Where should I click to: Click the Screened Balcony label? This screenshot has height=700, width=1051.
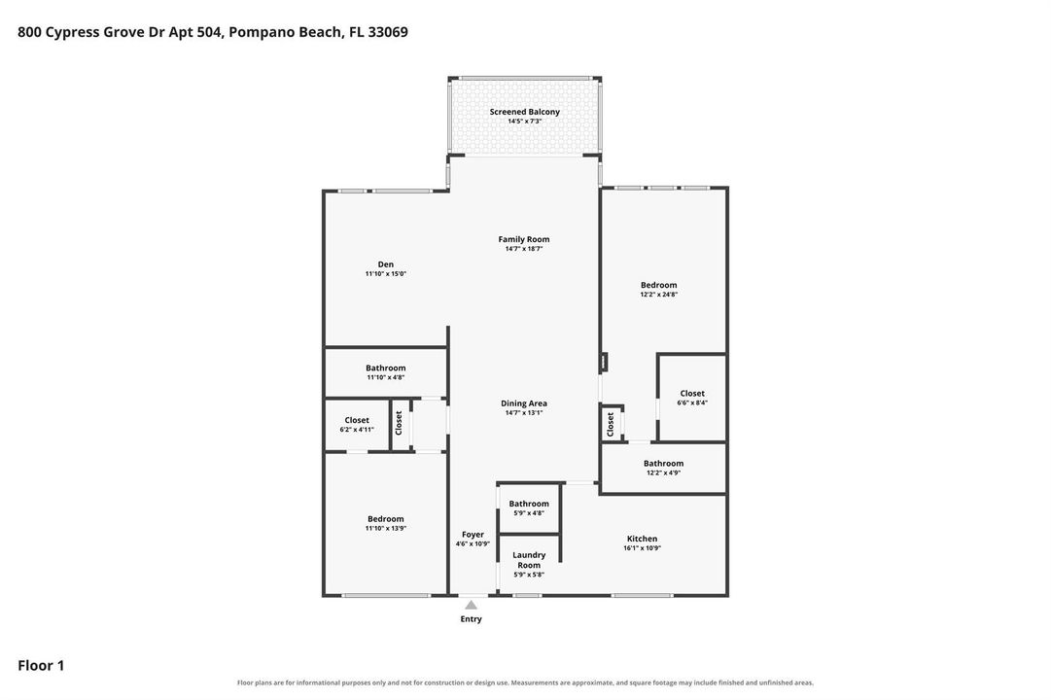(524, 112)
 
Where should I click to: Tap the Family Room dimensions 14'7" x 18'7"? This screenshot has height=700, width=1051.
(523, 249)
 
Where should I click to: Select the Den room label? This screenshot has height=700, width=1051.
(385, 264)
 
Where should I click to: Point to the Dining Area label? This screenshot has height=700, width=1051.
(523, 402)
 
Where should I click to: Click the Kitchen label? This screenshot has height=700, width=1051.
(642, 539)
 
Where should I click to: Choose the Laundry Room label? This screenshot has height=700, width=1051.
(529, 560)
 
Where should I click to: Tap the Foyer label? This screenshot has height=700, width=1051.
(473, 535)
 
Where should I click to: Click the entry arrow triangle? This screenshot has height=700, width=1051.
(472, 605)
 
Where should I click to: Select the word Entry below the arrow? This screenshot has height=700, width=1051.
(471, 619)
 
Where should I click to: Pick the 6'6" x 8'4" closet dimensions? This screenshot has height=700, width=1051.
(692, 402)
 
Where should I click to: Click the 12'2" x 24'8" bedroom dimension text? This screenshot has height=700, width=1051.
(659, 295)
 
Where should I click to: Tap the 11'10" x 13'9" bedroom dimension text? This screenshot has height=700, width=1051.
(385, 528)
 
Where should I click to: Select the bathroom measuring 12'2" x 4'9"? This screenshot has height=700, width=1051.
(664, 468)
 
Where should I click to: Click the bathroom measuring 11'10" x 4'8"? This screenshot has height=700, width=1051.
(385, 372)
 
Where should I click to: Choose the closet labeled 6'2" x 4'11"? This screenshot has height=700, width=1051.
(357, 425)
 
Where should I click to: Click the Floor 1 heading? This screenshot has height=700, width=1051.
(41, 665)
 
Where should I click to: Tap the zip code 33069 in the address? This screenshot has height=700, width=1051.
(387, 31)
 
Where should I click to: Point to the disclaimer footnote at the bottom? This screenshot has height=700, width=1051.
(525, 682)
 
